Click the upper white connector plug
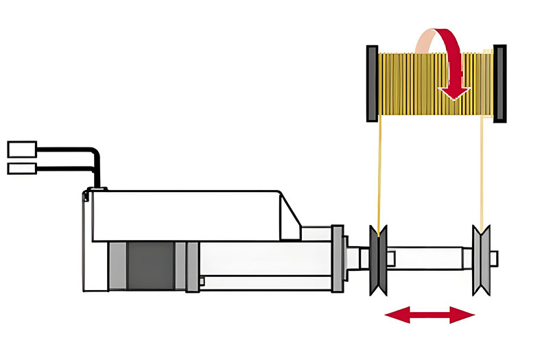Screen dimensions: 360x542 [22, 148]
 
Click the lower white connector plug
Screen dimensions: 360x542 [22, 169]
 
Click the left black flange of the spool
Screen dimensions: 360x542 [372, 81]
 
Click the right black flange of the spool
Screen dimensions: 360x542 [499, 81]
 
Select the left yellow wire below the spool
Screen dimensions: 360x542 [377, 171]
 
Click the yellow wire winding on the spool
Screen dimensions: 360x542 [412, 82]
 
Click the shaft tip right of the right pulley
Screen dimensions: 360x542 [495, 259]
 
